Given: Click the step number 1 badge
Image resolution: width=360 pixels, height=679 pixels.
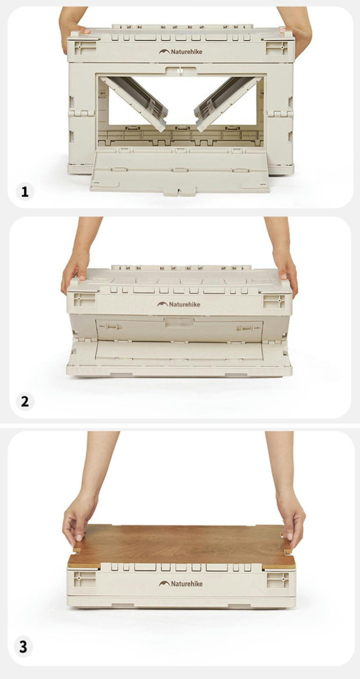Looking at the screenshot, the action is (25, 192).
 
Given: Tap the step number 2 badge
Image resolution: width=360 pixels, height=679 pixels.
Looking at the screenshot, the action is (25, 402).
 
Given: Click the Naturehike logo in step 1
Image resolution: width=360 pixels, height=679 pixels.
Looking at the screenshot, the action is (180, 52).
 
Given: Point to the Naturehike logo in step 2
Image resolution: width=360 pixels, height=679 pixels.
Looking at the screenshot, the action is (179, 304).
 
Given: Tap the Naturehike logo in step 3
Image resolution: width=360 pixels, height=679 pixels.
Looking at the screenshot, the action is (180, 583).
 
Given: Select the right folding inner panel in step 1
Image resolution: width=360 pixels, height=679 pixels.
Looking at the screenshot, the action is (228, 103).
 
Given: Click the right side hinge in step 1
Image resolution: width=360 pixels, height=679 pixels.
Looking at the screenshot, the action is (281, 114).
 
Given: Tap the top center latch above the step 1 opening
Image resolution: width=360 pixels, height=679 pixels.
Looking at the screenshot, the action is (180, 71).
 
